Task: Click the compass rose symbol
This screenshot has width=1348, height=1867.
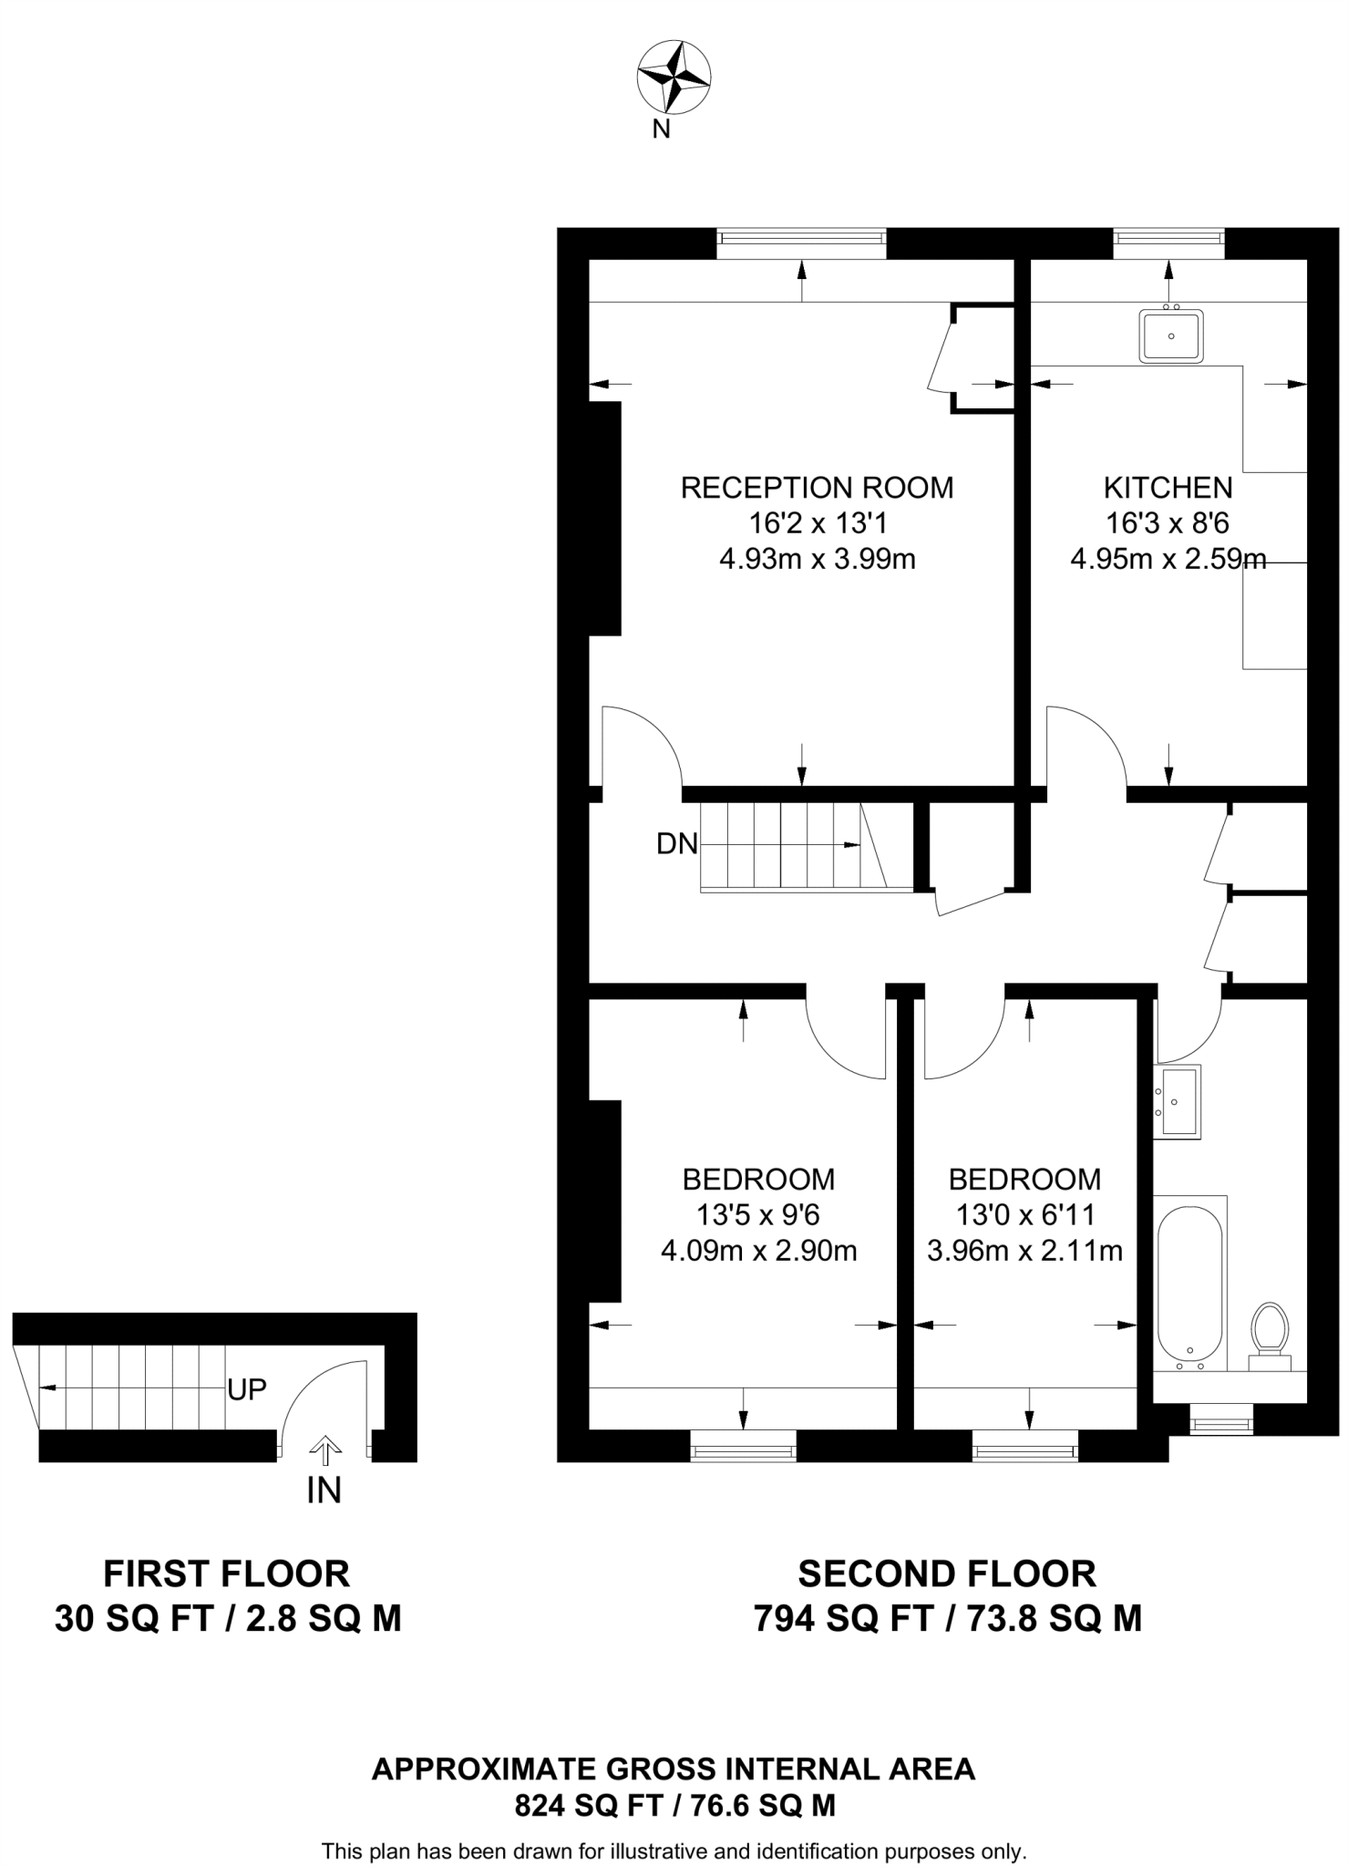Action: (x=674, y=77)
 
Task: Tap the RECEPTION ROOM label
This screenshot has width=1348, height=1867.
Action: (x=817, y=488)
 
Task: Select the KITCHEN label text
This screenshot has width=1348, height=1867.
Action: (x=1168, y=488)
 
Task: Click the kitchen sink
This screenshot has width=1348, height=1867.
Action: (x=1171, y=335)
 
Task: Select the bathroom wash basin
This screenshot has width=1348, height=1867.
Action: (x=1178, y=1101)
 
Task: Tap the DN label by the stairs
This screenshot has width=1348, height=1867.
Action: (x=676, y=844)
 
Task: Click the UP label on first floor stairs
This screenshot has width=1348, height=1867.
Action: (x=247, y=1389)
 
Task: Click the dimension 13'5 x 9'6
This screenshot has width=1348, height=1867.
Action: (x=758, y=1215)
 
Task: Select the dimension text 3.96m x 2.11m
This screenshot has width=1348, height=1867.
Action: (x=1024, y=1251)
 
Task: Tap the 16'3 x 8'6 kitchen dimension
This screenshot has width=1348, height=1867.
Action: (x=1168, y=523)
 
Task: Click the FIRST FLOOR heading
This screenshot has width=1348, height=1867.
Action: (x=227, y=1574)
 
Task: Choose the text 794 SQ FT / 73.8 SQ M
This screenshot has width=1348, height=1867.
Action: (x=947, y=1620)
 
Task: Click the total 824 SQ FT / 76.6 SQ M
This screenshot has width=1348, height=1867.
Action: (x=674, y=1806)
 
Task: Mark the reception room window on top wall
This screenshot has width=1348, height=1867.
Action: (x=801, y=239)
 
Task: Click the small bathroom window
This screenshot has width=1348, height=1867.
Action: (x=1221, y=1419)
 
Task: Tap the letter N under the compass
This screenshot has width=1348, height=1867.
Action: (x=661, y=129)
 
